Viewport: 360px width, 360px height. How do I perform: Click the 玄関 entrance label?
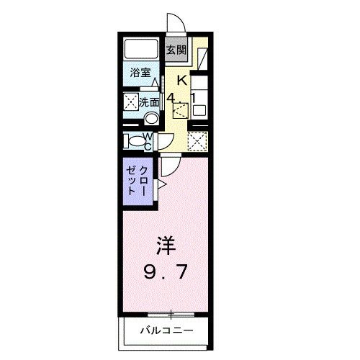click(176, 50)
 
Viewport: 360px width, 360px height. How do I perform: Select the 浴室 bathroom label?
click(140, 73)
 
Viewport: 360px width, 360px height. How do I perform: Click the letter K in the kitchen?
click(183, 80)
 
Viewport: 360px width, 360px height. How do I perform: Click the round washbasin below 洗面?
click(151, 119)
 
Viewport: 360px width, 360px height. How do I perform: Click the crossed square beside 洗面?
click(130, 102)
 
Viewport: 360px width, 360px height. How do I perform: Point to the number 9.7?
click(167, 273)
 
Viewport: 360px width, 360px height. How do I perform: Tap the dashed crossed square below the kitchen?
click(197, 140)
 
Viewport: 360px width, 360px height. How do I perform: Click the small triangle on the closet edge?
click(162, 186)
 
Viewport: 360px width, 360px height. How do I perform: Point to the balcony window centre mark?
click(171, 314)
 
